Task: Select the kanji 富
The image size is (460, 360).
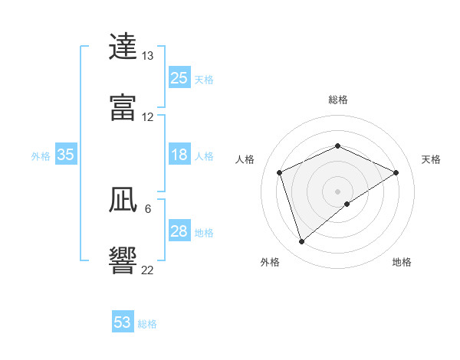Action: tap(123, 108)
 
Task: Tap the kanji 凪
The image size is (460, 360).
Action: tap(123, 200)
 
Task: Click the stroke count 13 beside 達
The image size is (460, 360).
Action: tap(147, 56)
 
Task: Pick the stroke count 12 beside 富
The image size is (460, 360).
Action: tap(147, 117)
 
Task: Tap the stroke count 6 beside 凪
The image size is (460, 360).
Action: tap(147, 208)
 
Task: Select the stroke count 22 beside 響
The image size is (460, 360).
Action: tap(147, 270)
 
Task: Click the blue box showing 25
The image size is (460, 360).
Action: tap(179, 78)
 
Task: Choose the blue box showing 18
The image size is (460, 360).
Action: tap(179, 155)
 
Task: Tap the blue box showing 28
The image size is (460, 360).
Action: tap(179, 231)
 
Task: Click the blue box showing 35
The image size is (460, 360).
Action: tap(66, 155)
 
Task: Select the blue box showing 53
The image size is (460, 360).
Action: tap(123, 322)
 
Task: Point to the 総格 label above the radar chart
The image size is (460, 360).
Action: tap(338, 100)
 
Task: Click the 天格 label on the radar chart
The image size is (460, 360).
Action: tap(432, 159)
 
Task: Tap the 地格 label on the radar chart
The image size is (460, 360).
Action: tap(402, 262)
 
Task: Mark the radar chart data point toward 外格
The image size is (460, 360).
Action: tap(302, 242)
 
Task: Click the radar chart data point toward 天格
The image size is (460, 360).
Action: tap(396, 172)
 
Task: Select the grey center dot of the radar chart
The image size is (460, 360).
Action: tap(338, 191)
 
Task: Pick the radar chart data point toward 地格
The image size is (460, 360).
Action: tap(347, 204)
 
